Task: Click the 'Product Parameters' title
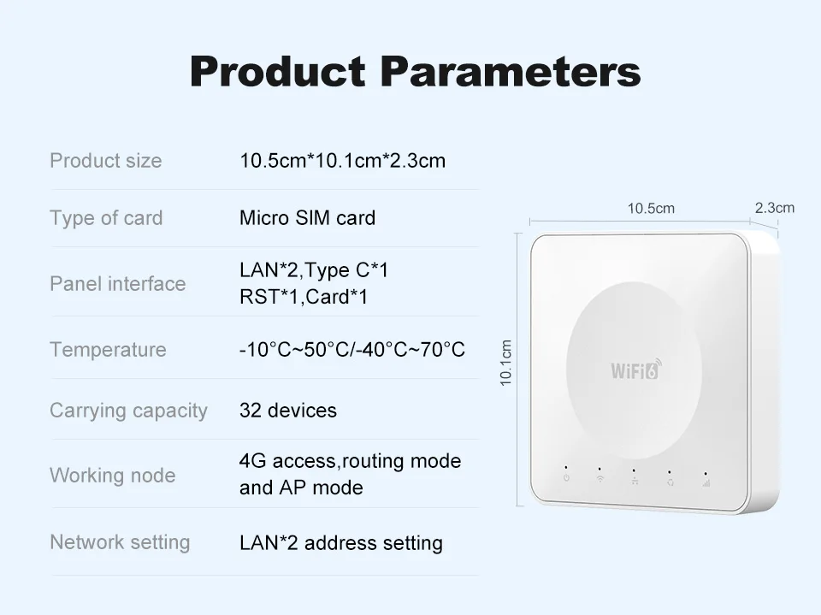point(415,71)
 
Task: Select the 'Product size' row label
point(105,161)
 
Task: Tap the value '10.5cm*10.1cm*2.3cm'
point(342,161)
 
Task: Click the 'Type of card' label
point(106,218)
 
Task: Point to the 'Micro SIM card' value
point(307,218)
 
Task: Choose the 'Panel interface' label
point(117,284)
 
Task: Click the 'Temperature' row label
point(108,350)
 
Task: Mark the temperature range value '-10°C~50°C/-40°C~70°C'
point(352,350)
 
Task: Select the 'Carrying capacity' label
point(128,411)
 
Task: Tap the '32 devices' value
point(288,411)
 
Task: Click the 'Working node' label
point(112,476)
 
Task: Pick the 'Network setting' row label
point(120,542)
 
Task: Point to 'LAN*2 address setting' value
point(341,543)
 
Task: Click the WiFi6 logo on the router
point(635,370)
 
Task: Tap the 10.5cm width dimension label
point(651,209)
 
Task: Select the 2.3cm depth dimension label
point(774,208)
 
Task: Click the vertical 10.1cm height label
point(506,363)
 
